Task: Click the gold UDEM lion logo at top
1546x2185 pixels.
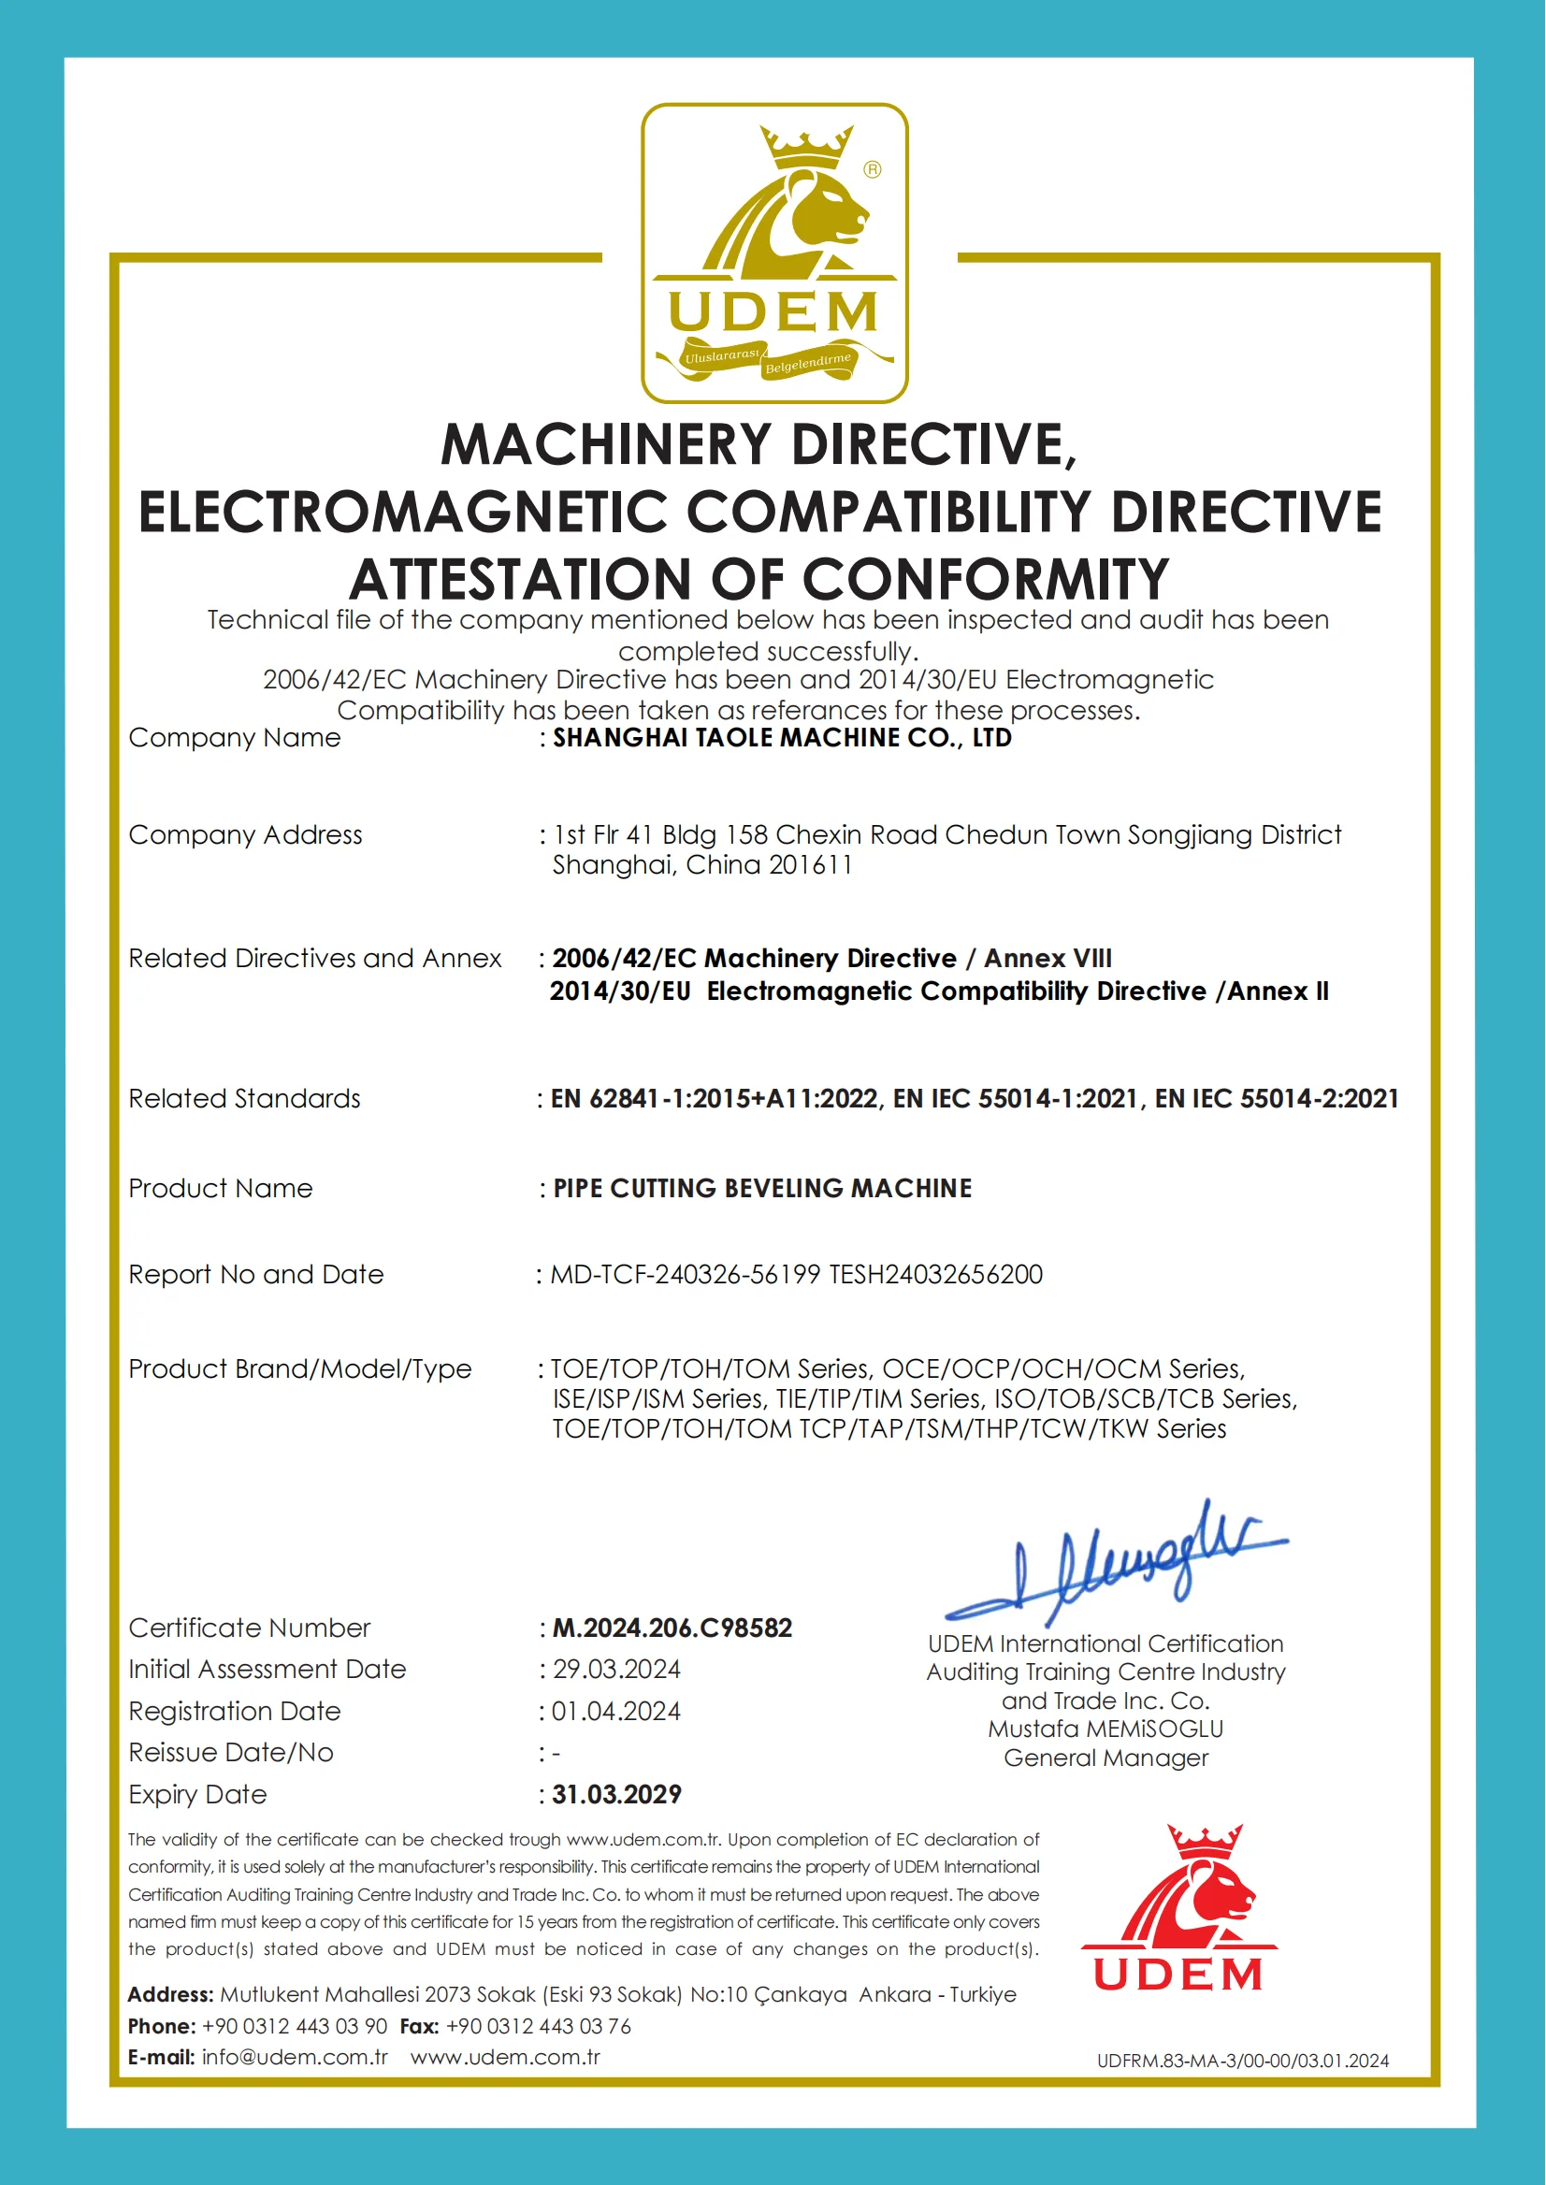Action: (774, 253)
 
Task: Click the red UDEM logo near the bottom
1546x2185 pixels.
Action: (1178, 1908)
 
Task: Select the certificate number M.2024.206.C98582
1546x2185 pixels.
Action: (672, 1628)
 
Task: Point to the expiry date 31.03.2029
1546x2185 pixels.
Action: (617, 1795)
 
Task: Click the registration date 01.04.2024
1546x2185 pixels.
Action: (616, 1711)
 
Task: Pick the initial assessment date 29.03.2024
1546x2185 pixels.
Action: (617, 1669)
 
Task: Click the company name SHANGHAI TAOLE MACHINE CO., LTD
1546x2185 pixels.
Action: (782, 738)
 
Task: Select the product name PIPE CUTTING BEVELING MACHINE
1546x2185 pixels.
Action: (762, 1188)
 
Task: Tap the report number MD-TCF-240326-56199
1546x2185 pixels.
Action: (686, 1274)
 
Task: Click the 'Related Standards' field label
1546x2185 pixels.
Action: (245, 1099)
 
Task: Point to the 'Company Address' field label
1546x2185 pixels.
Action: (246, 835)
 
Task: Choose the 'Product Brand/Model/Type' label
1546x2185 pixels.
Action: (300, 1369)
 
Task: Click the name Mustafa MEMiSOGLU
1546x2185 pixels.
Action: (1105, 1729)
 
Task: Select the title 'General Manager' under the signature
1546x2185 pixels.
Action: (1105, 1758)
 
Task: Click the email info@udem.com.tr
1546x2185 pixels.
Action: (295, 2057)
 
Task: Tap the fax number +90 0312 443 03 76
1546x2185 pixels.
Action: (538, 2026)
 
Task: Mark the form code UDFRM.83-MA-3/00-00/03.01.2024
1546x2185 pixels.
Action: (1242, 2061)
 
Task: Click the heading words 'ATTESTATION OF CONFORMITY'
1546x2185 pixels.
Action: (759, 579)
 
